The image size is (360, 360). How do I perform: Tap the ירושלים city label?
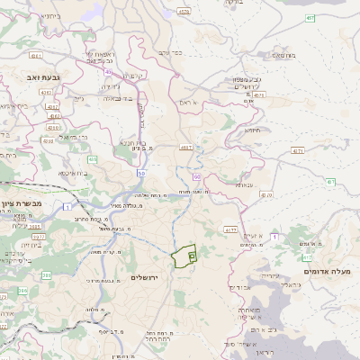143,277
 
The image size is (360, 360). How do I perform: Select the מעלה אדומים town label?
326,271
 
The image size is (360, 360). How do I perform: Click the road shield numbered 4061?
37,55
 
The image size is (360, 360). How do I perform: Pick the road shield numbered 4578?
184,12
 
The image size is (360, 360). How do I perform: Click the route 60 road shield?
197,178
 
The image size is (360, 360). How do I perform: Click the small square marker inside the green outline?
192,257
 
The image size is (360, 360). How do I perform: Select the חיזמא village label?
250,130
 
